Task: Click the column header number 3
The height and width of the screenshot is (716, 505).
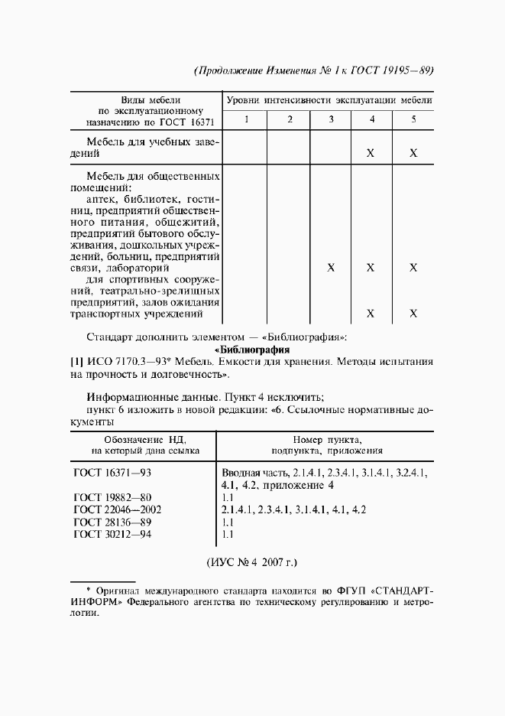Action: [x=331, y=119]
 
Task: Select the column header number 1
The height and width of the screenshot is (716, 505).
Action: [x=246, y=119]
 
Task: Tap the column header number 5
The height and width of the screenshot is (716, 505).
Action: [x=413, y=119]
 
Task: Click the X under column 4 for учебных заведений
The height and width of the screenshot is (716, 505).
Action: [x=371, y=153]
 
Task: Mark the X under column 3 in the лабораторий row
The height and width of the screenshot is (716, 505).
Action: [x=331, y=268]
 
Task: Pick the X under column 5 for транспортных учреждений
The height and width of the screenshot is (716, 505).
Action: [x=413, y=313]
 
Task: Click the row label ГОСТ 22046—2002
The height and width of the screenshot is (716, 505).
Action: [x=118, y=509]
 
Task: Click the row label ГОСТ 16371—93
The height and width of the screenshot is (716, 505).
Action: [x=112, y=473]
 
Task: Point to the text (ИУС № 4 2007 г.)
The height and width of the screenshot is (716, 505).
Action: [x=251, y=562]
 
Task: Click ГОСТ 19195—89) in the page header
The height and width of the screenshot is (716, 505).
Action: [x=396, y=71]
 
